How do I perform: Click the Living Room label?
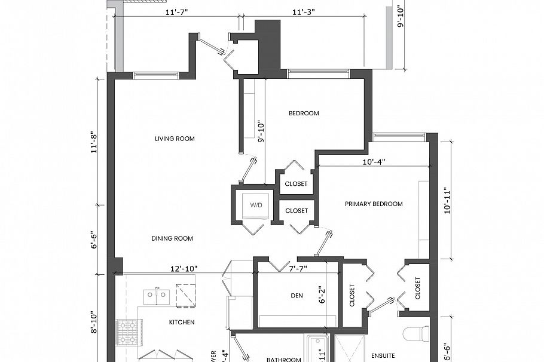point(175,139)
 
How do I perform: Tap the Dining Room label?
point(172,238)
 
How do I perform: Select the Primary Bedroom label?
point(374,204)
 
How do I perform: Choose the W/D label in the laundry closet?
point(256,205)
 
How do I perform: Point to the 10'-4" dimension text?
point(374,161)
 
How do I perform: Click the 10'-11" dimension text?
point(445,201)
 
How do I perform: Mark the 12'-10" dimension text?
point(182,269)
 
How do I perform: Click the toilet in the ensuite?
point(416,333)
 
